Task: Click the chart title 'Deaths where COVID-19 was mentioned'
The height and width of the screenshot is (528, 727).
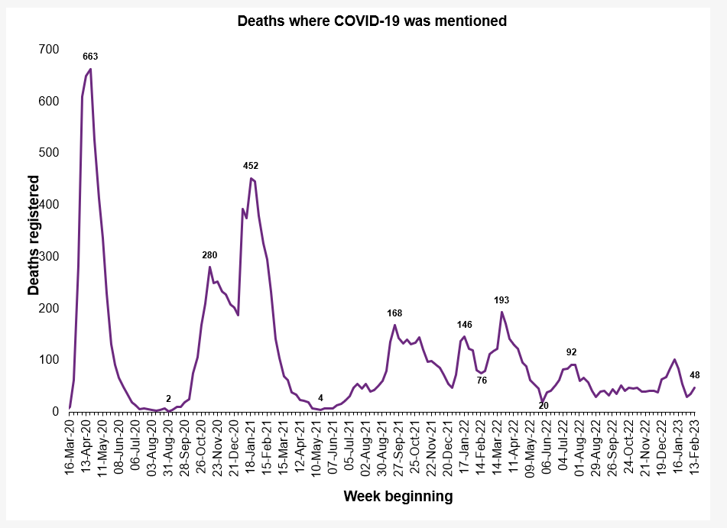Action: [x=372, y=21]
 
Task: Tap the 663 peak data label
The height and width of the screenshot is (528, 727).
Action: [x=90, y=56]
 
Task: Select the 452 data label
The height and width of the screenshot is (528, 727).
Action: [x=251, y=165]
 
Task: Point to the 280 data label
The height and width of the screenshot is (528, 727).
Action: [x=209, y=254]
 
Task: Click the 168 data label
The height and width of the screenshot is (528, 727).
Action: [x=394, y=313]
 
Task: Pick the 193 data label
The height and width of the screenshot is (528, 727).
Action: [x=501, y=300]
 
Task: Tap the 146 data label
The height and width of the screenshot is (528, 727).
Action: [x=465, y=325]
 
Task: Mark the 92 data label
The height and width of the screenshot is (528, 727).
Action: [x=571, y=352]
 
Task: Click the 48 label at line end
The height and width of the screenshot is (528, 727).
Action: [x=696, y=374]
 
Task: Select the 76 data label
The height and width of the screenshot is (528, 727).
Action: [x=482, y=380]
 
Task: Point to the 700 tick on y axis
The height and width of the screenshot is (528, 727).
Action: [x=48, y=50]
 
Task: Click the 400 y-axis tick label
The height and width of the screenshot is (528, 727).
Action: [x=48, y=205]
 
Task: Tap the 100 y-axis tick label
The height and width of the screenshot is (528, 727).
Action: [x=48, y=360]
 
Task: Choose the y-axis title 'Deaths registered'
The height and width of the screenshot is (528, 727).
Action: [x=34, y=235]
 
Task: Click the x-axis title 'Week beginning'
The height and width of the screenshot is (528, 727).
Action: [x=398, y=497]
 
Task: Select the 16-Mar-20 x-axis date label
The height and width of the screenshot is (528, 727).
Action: [x=70, y=447]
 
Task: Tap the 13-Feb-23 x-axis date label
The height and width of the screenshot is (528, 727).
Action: [x=695, y=447]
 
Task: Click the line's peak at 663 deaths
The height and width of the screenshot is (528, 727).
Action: [x=91, y=70]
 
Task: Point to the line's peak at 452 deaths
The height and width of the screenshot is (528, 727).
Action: [x=251, y=178]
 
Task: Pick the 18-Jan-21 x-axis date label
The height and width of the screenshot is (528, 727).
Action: [x=251, y=447]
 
